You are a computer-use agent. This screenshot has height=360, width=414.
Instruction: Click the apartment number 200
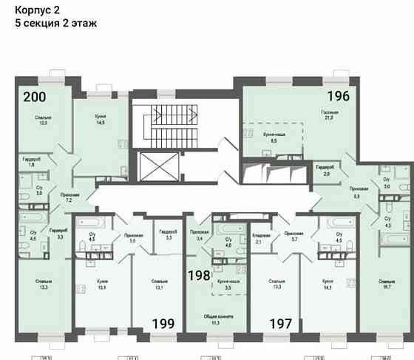tap(33, 97)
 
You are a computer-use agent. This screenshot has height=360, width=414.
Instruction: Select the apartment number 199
tap(163, 322)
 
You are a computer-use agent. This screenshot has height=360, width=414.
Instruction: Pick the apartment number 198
tap(198, 275)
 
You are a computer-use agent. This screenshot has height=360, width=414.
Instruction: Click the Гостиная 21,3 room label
tap(329, 115)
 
